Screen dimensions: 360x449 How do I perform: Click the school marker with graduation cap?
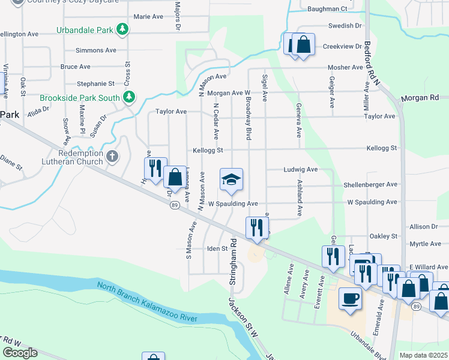pyautogui.click(x=231, y=180)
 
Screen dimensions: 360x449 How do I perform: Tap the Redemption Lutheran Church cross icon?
pyautogui.click(x=112, y=157)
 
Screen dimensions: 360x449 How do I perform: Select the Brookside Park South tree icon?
pyautogui.click(x=128, y=97)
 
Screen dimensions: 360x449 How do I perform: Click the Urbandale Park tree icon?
pyautogui.click(x=122, y=29)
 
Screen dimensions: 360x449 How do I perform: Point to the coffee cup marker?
pyautogui.click(x=350, y=298)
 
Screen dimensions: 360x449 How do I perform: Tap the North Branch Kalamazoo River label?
pyautogui.click(x=148, y=304)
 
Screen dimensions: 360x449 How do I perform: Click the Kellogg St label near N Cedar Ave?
pyautogui.click(x=208, y=150)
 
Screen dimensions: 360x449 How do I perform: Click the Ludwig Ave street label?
pyautogui.click(x=300, y=170)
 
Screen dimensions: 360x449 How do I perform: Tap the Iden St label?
pyautogui.click(x=217, y=248)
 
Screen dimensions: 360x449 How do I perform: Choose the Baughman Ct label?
pyautogui.click(x=327, y=9)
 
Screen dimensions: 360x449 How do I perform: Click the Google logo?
pyautogui.click(x=20, y=352)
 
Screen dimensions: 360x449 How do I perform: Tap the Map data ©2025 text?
pyautogui.click(x=423, y=355)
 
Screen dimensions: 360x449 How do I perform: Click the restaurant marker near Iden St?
pyautogui.click(x=257, y=229)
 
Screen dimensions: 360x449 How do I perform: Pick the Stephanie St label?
pyautogui.click(x=95, y=84)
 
